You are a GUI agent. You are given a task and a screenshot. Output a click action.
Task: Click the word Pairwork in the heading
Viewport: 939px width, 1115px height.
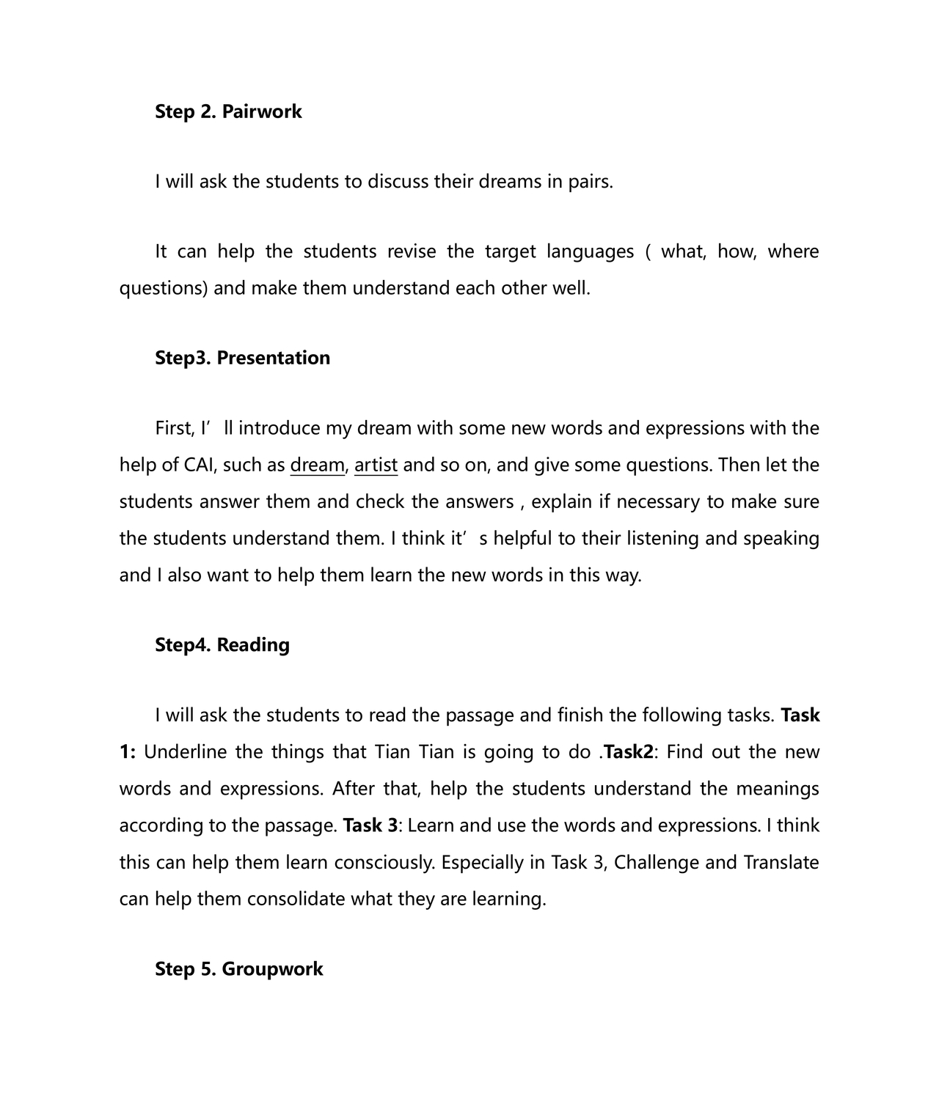tap(262, 111)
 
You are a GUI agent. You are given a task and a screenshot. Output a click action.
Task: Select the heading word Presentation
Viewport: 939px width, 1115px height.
tap(274, 358)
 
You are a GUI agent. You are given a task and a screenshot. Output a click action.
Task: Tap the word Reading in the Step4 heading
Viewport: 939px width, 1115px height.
tap(253, 644)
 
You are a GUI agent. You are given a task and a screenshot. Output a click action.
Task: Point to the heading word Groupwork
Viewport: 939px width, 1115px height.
tap(272, 968)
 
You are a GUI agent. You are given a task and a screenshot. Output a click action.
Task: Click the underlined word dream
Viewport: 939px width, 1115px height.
tap(317, 465)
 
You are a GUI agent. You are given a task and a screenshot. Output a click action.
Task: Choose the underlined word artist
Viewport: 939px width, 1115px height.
tap(376, 465)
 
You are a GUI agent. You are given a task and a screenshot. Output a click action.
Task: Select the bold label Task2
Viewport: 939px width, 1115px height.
tap(628, 751)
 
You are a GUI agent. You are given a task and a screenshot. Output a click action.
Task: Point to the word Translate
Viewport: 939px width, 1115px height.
tap(781, 861)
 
